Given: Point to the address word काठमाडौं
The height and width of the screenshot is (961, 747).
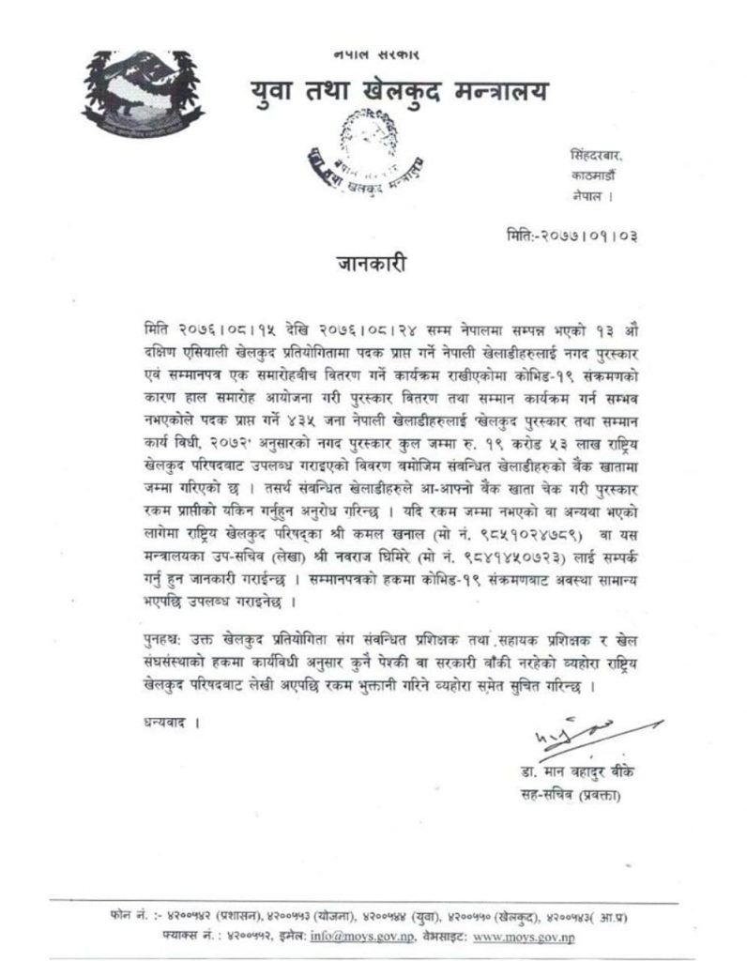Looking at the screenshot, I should click(593, 175).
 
